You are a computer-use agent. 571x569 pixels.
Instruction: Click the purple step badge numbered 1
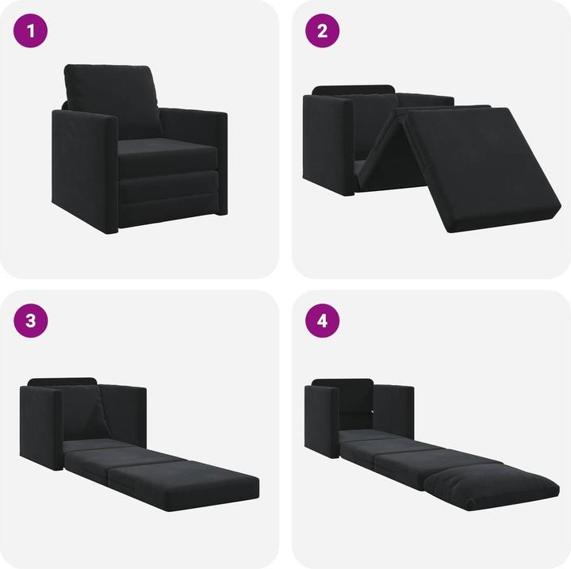[31, 32]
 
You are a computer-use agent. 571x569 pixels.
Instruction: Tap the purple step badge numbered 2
[323, 32]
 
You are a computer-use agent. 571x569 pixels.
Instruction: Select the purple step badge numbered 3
[31, 321]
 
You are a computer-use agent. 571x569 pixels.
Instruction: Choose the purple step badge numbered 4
[323, 321]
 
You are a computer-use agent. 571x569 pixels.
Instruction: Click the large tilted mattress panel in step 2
[484, 162]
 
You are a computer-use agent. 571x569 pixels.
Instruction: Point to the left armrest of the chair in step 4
[321, 420]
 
